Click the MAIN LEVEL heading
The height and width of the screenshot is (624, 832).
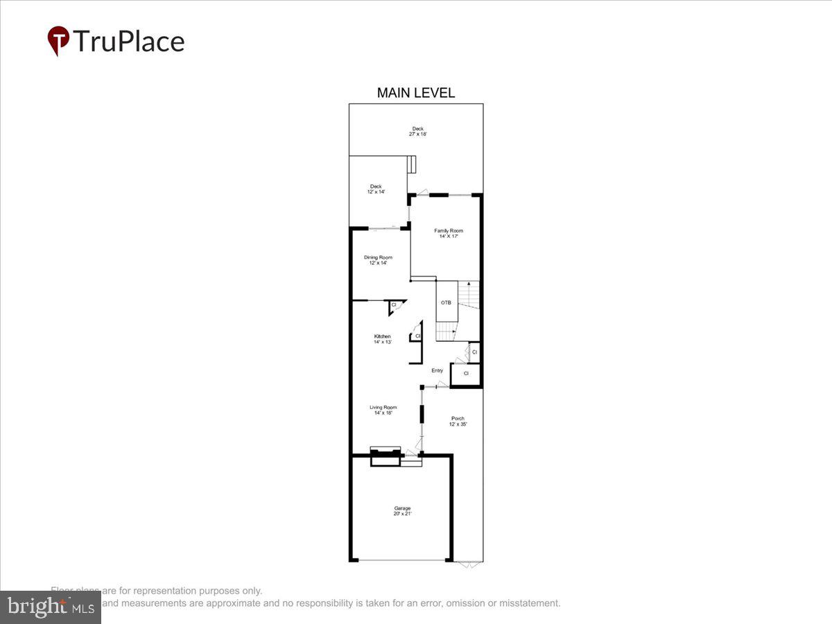pos(415,93)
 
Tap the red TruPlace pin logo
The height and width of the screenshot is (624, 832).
pos(58,41)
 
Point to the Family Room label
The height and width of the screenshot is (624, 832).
pos(449,230)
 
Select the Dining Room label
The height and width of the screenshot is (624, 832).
pos(379,257)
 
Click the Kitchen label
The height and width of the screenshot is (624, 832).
pos(383,336)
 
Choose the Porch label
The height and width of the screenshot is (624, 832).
pos(458,418)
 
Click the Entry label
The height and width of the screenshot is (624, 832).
pos(437,370)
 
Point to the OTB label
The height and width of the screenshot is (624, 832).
pos(446,302)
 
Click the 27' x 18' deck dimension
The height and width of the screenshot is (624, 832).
pos(417,134)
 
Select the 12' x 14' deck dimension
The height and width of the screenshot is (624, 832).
pos(376,191)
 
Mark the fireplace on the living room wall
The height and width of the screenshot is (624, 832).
pos(385,457)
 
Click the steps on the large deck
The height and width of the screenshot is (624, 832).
pos(412,165)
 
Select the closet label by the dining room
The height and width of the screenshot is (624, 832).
pos(394,304)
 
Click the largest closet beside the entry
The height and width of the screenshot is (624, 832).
pos(466,374)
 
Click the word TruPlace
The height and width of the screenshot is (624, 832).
pos(128,41)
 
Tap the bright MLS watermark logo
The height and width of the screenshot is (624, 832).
pos(50,607)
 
